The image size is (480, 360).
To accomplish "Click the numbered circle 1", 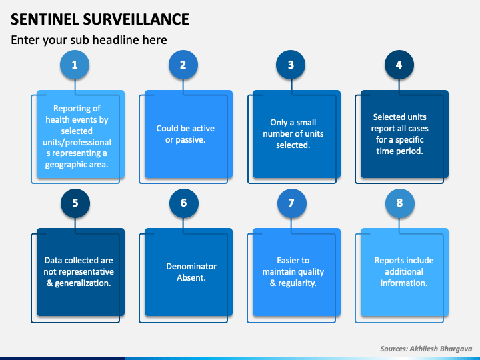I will (x=75, y=65).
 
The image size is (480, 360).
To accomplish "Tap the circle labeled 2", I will (x=183, y=65).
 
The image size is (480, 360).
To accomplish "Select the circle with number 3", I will (x=291, y=65).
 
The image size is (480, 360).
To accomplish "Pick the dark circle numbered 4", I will (x=399, y=65).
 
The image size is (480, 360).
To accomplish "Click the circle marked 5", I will (x=75, y=203).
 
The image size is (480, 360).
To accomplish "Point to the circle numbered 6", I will (x=183, y=203).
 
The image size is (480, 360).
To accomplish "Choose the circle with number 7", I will (x=291, y=203).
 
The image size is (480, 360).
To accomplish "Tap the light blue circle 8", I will (x=399, y=203).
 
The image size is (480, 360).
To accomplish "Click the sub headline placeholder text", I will (x=89, y=40).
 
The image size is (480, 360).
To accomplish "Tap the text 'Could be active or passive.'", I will (x=185, y=134).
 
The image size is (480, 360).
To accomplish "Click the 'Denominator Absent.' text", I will (x=191, y=271).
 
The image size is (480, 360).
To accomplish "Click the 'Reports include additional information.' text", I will (x=404, y=271).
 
